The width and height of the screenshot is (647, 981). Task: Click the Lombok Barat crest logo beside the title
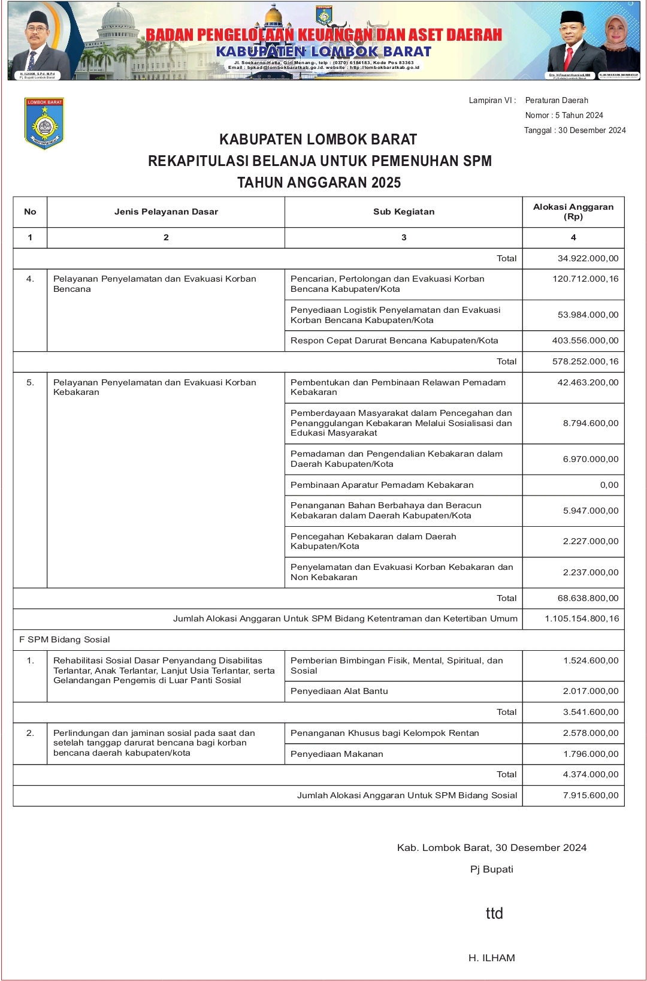pyautogui.click(x=44, y=123)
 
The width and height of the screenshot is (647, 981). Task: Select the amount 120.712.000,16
pyautogui.click(x=585, y=279)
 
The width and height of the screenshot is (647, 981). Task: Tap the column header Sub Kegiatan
pyautogui.click(x=404, y=212)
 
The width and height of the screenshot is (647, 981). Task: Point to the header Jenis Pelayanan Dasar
pyautogui.click(x=166, y=212)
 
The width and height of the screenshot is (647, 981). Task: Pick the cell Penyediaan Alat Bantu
pyautogui.click(x=339, y=691)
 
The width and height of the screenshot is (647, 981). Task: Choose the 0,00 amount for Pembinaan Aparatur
pyautogui.click(x=609, y=485)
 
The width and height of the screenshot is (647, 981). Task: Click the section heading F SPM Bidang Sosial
pyautogui.click(x=65, y=639)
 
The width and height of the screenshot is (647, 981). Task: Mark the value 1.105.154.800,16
pyautogui.click(x=582, y=618)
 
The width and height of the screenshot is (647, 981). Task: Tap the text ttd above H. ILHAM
pyautogui.click(x=494, y=913)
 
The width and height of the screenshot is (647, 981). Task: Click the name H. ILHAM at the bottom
pyautogui.click(x=491, y=958)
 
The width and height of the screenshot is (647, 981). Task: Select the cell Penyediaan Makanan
pyautogui.click(x=337, y=754)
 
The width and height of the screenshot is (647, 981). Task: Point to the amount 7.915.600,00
pyautogui.click(x=591, y=795)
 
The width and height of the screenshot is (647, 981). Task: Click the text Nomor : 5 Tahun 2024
pyautogui.click(x=564, y=115)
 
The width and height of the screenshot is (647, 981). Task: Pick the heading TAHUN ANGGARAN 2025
pyautogui.click(x=319, y=183)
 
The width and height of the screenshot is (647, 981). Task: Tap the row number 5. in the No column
pyautogui.click(x=30, y=382)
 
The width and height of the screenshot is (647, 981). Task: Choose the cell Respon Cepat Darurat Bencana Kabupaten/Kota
pyautogui.click(x=394, y=340)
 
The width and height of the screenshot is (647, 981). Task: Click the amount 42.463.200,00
pyautogui.click(x=588, y=382)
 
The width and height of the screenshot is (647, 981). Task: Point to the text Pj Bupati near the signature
pyautogui.click(x=491, y=869)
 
